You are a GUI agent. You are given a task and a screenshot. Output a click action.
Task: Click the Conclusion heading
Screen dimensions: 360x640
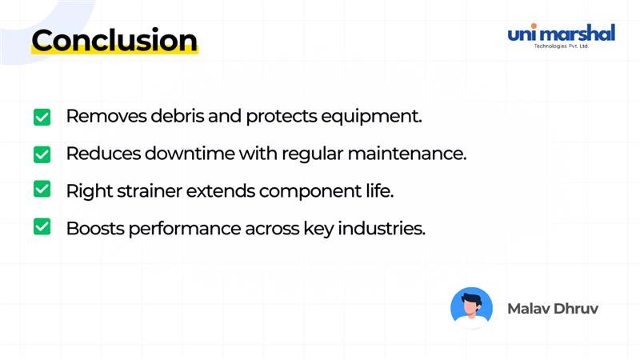tap(114, 40)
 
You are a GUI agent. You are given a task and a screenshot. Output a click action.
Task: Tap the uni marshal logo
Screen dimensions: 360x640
tap(561, 34)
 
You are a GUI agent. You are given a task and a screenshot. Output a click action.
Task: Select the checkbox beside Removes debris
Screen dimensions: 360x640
tap(42, 117)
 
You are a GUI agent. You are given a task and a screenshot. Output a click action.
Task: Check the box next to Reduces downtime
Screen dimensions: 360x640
tap(42, 154)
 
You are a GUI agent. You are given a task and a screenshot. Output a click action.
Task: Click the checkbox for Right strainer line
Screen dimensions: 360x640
tap(42, 190)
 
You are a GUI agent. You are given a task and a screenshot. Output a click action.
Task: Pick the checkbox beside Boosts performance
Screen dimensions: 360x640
tap(42, 228)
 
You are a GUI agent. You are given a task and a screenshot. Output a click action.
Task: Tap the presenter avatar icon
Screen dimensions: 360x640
tap(471, 308)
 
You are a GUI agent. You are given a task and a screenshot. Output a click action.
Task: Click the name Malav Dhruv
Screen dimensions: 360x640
tap(553, 308)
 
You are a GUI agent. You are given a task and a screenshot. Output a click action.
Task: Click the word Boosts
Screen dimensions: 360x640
tap(92, 228)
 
